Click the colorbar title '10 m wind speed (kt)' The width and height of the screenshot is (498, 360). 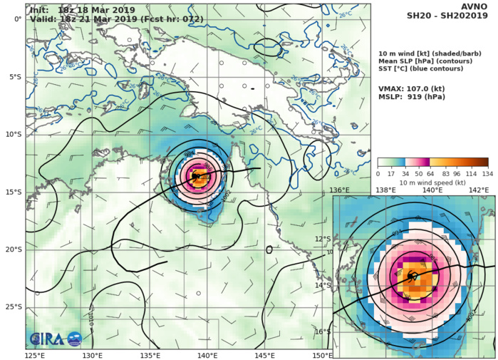(432, 182)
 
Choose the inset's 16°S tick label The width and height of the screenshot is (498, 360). (343, 331)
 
